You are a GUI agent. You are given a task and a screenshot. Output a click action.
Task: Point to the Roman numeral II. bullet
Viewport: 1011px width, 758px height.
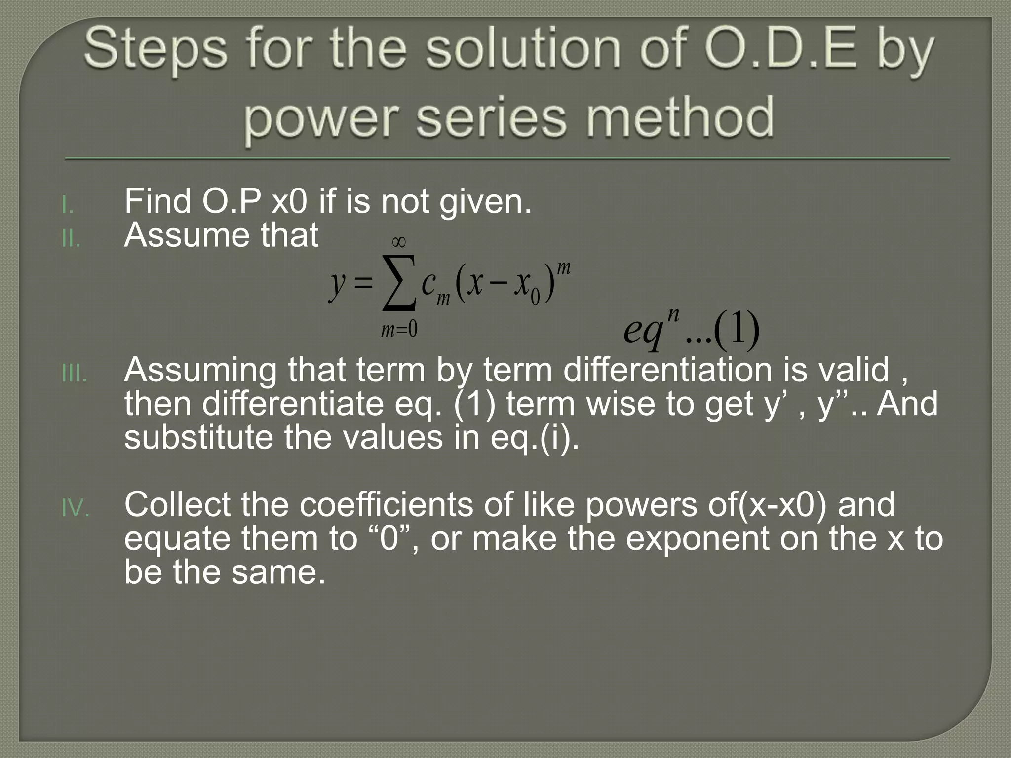[x=71, y=239]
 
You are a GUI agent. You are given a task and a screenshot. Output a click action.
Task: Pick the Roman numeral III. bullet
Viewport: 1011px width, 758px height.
[x=74, y=374]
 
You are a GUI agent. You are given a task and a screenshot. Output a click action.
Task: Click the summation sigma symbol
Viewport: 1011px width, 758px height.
[x=399, y=284]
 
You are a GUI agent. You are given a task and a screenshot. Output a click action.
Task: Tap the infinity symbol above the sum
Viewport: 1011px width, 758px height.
[x=398, y=242]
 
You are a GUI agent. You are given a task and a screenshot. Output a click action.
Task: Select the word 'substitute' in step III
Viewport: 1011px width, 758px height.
[x=198, y=437]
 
